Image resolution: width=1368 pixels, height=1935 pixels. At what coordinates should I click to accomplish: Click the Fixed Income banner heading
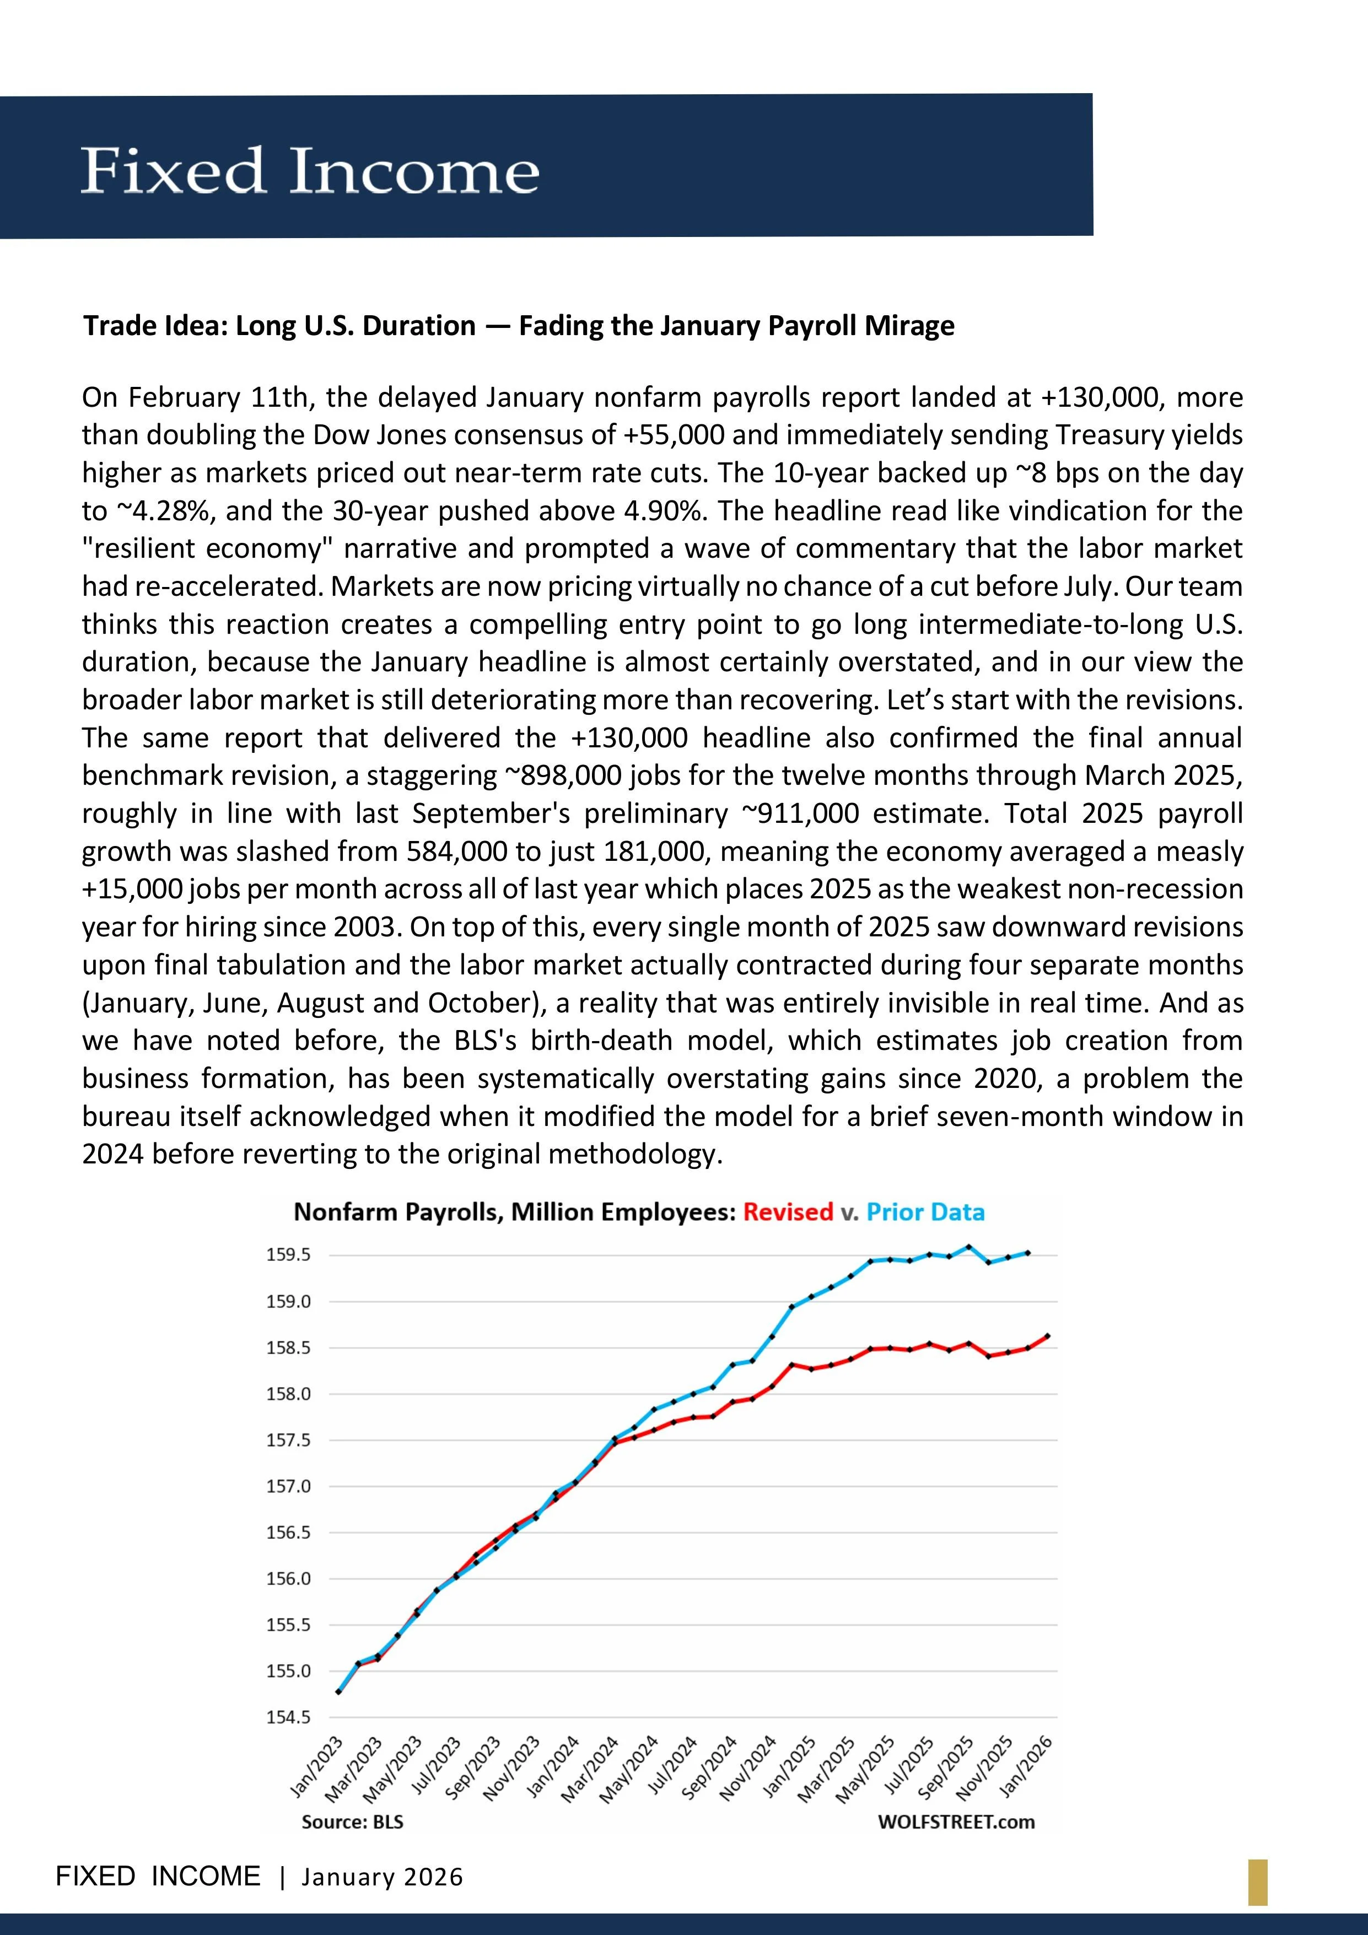(309, 171)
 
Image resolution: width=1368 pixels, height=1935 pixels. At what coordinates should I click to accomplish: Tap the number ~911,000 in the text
(800, 813)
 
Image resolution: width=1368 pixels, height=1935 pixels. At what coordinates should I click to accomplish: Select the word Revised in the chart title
(787, 1212)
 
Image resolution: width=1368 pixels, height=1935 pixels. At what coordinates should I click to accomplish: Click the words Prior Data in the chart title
(925, 1212)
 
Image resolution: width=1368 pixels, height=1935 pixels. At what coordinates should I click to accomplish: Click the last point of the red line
(1047, 1335)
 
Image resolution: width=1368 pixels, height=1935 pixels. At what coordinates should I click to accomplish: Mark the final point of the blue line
(1027, 1252)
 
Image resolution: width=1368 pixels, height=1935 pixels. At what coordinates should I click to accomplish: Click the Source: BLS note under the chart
(352, 1822)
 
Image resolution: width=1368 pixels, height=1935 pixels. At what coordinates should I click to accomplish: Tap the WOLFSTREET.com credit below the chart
(956, 1822)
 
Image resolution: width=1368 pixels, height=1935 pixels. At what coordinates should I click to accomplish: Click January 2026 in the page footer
(383, 1877)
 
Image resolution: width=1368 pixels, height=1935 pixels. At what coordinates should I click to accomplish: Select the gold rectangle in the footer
(1258, 1882)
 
